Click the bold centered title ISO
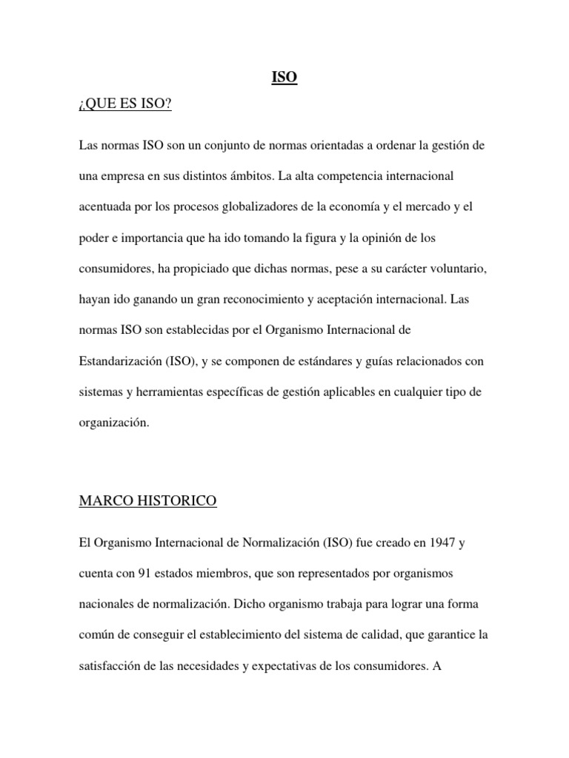[284, 77]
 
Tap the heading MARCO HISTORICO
[147, 501]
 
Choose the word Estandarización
[119, 362]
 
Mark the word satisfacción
[110, 666]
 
